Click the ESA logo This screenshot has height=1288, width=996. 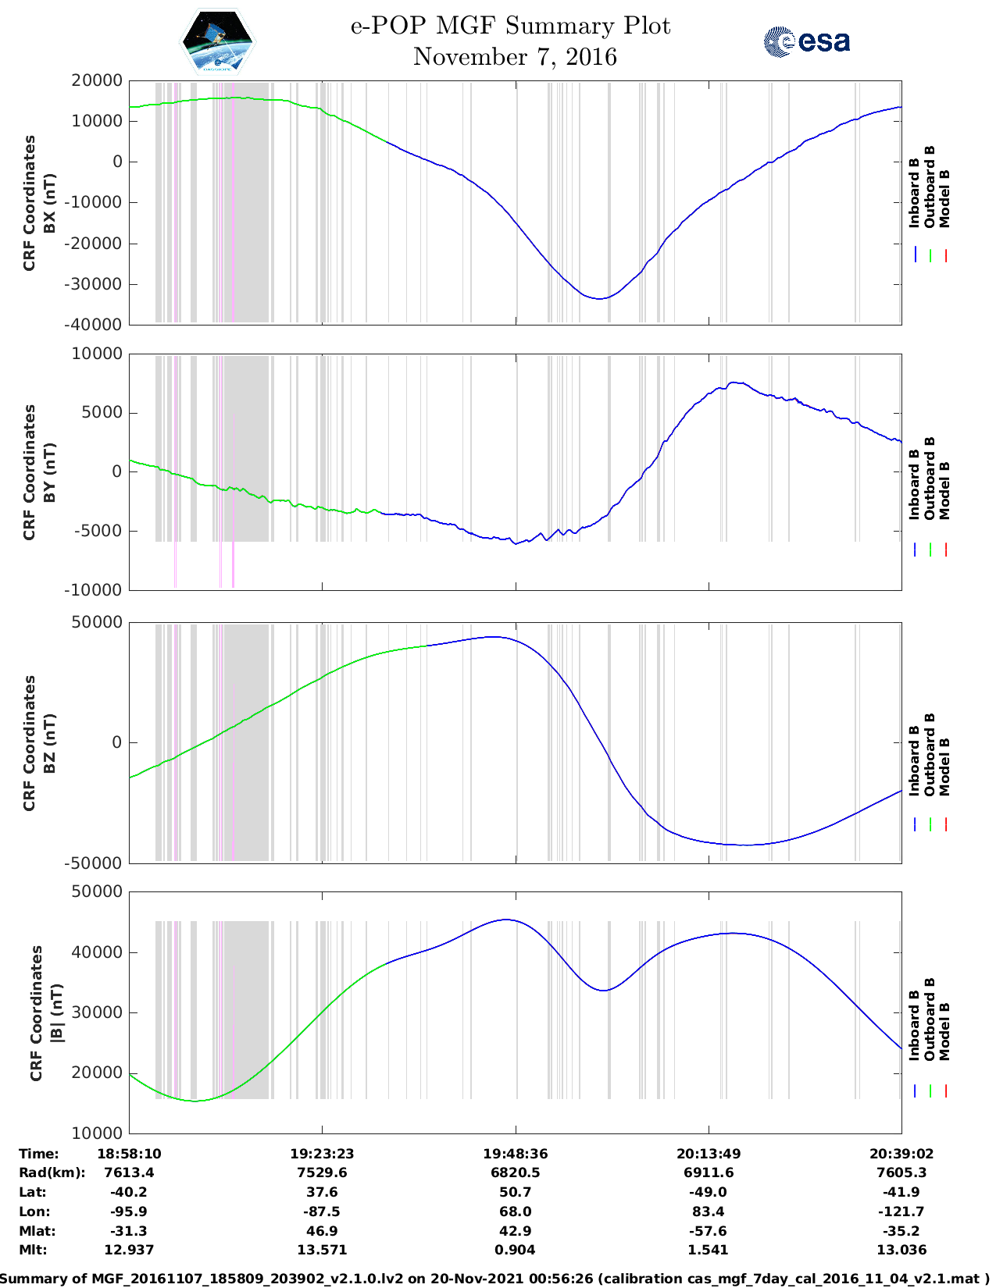point(807,41)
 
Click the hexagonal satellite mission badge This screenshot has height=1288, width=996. point(218,41)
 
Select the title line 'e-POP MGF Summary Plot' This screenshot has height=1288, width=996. point(510,26)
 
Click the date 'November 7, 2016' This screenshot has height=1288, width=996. point(515,57)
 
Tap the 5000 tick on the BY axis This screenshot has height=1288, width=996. point(106,413)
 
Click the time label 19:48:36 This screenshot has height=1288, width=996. point(515,1154)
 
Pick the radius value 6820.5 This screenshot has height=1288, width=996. point(515,1172)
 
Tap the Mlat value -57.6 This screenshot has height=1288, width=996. point(709,1231)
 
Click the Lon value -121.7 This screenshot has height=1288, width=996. point(901,1212)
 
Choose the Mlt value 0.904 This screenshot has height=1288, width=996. point(515,1250)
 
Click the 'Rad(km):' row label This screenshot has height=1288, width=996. point(52,1172)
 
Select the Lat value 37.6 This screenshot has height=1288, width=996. point(322,1192)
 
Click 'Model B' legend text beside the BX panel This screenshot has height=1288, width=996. point(944,198)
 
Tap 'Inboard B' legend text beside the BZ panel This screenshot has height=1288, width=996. point(914,761)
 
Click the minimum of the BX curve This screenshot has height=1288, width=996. point(599,299)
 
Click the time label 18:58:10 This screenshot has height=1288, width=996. point(129,1154)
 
